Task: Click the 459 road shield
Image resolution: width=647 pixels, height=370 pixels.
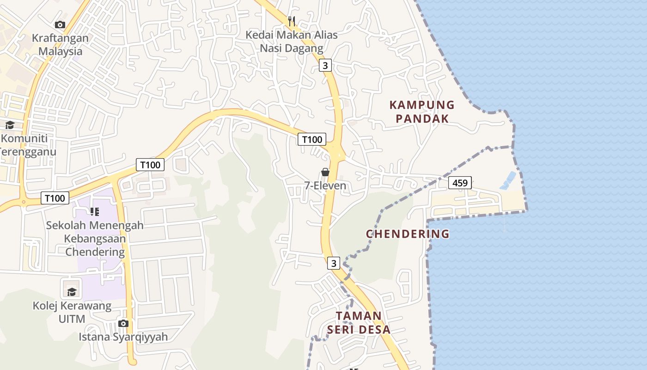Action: tap(460, 183)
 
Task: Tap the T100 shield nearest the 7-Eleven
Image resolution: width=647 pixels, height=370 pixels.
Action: tap(311, 139)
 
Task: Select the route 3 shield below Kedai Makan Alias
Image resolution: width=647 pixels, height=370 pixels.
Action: tap(325, 66)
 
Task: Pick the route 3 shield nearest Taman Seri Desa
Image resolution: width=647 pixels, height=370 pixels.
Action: tap(334, 263)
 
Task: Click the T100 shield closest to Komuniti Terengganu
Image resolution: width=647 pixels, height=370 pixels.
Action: tap(55, 198)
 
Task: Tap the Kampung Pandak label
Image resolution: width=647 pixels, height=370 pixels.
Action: tap(422, 111)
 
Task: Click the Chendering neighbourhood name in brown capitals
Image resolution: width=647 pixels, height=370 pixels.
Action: tap(408, 234)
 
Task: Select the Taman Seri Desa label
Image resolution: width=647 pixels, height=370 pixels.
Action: tap(359, 322)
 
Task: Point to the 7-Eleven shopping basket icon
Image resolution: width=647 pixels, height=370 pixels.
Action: tap(325, 172)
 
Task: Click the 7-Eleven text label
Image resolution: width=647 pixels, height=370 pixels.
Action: tap(325, 186)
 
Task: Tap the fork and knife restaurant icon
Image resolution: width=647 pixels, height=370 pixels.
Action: tap(292, 21)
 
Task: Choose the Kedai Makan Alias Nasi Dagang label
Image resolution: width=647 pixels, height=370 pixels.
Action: tap(291, 41)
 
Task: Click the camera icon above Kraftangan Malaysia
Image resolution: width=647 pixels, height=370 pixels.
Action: tap(60, 25)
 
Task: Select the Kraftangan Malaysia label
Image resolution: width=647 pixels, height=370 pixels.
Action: tap(60, 44)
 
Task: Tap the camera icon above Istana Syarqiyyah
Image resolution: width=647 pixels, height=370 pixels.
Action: tap(123, 323)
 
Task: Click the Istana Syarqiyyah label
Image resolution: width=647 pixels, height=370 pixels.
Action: tap(123, 337)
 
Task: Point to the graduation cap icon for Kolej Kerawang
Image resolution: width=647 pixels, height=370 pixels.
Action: tap(72, 292)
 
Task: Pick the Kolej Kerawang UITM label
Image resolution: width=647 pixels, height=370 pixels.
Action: tap(72, 312)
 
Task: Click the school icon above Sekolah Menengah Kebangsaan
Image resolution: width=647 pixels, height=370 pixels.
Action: tap(95, 212)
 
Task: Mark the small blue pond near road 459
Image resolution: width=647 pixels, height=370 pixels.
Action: tap(507, 180)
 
